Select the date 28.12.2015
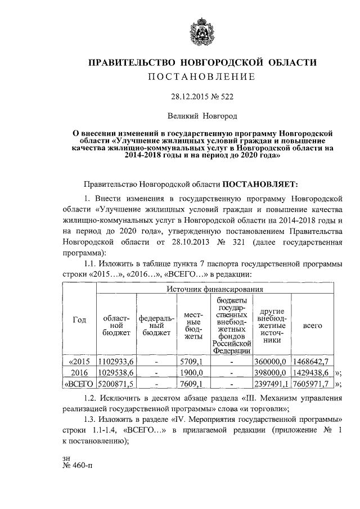pos(190,96)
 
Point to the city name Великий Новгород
pos(202,116)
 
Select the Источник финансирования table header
pos(216,289)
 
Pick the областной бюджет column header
pos(116,325)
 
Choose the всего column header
pos(313,325)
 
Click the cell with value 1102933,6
pos(116,361)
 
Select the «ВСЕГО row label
pos(79,385)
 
